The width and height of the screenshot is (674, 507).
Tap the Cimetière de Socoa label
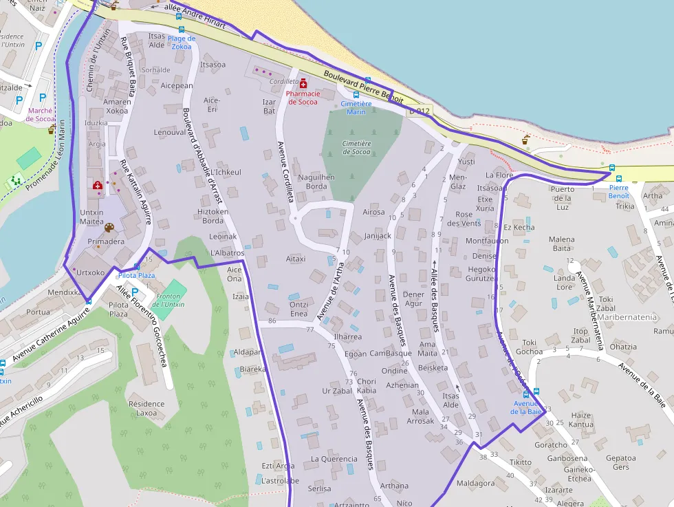[356, 148]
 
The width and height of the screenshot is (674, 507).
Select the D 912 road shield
[419, 111]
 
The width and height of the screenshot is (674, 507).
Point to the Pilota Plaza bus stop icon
[136, 266]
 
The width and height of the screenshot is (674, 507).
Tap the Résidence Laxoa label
[146, 409]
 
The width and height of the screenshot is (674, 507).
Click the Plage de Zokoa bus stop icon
[182, 30]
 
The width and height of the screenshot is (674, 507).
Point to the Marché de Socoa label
[41, 114]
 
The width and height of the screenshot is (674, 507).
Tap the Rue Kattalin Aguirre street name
[135, 193]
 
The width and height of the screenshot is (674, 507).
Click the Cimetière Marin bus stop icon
[356, 95]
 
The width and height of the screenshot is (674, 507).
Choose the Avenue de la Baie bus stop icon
[527, 393]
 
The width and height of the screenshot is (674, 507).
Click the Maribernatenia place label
[627, 317]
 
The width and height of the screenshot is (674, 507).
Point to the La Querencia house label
[334, 459]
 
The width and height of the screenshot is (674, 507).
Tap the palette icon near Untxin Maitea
[108, 228]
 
